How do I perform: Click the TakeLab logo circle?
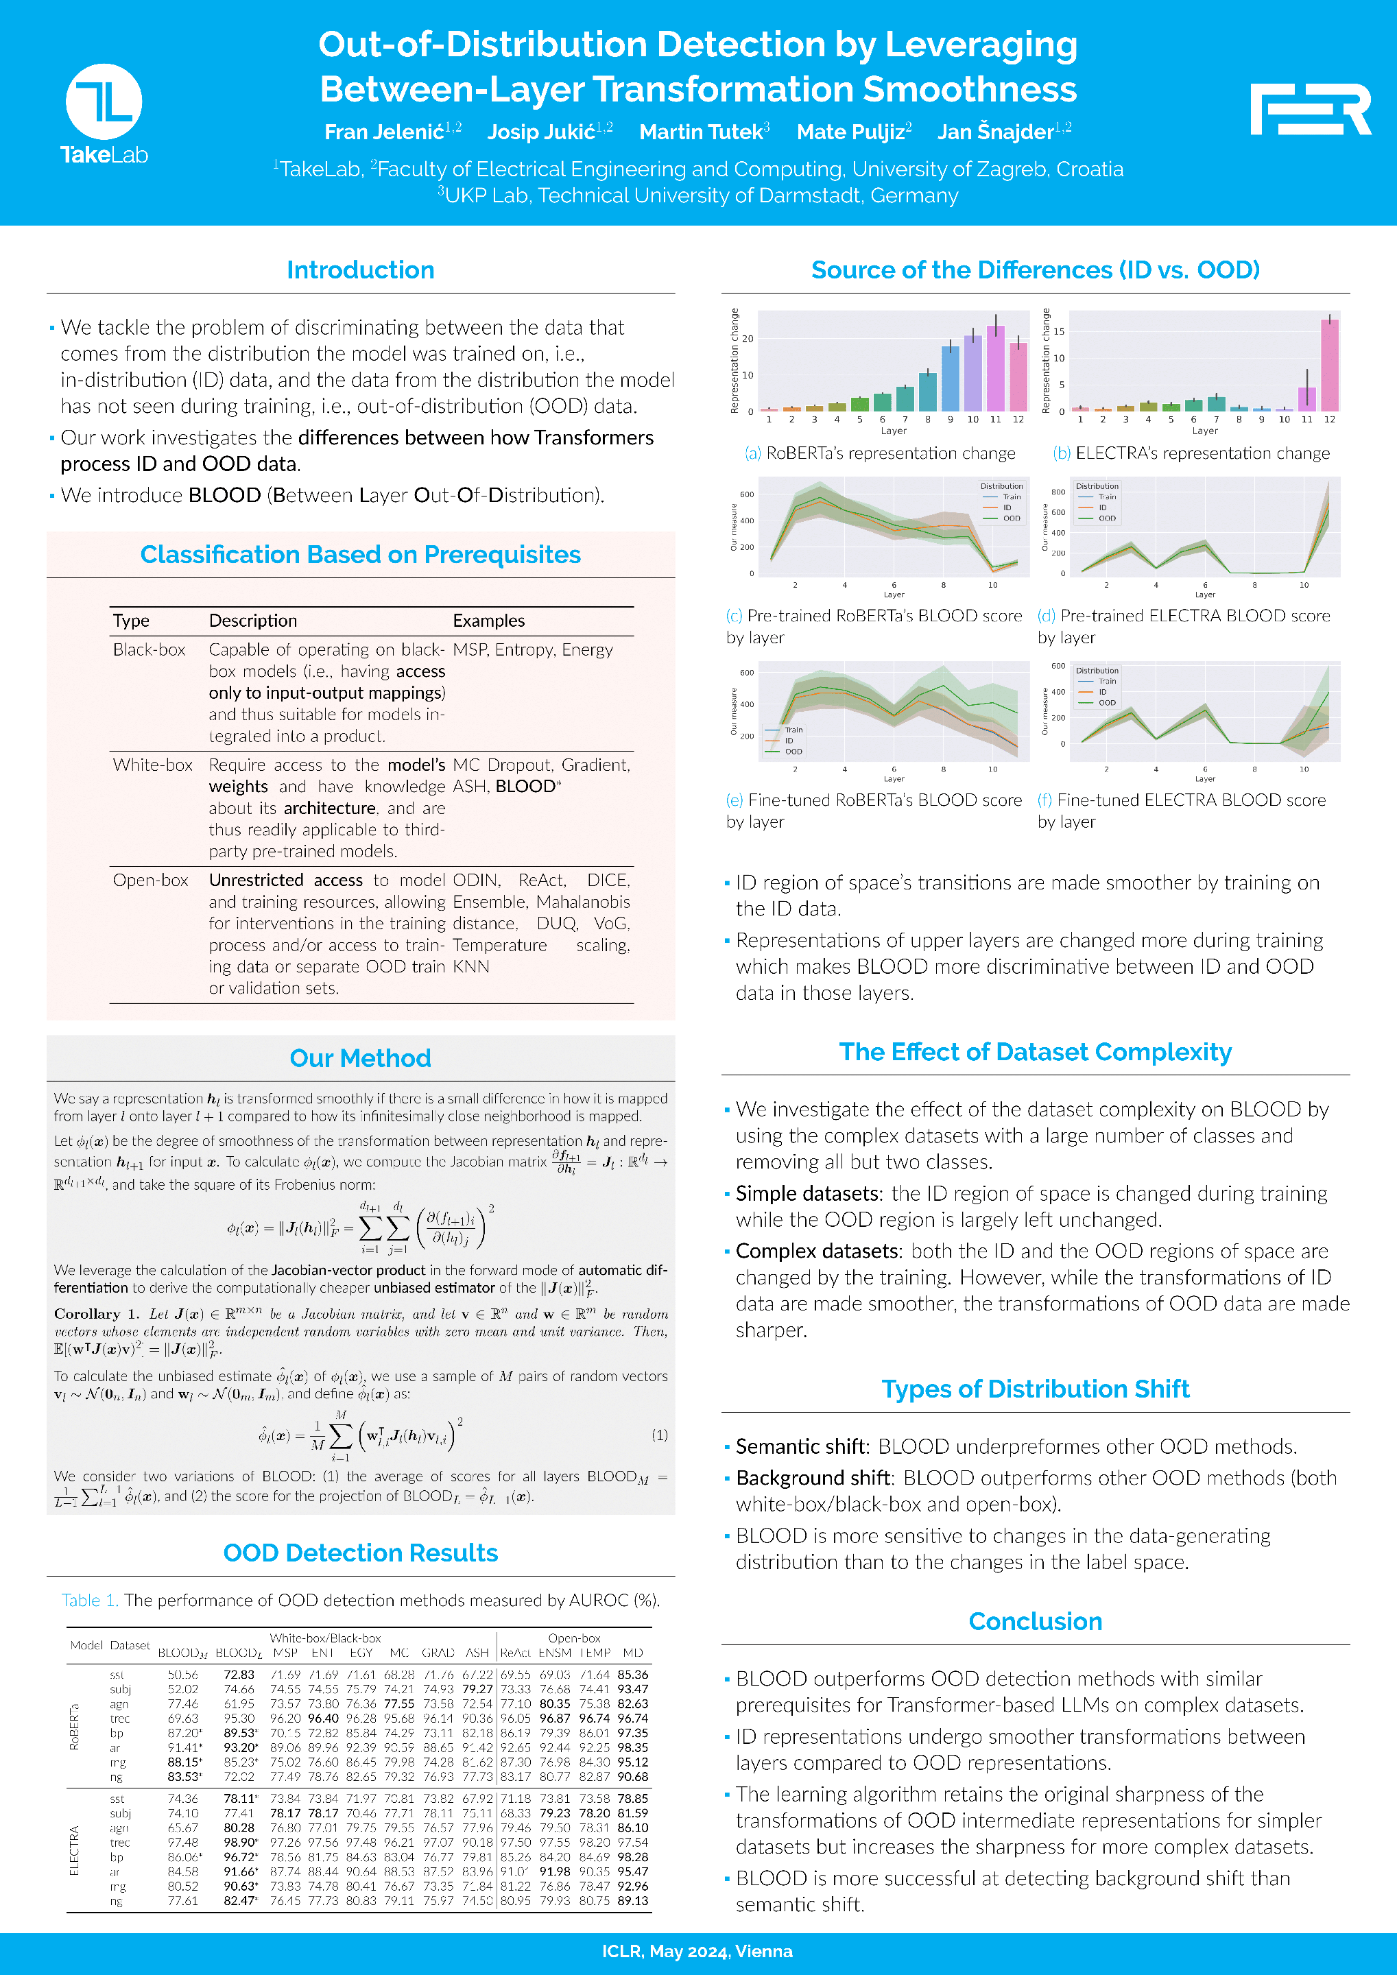tap(104, 101)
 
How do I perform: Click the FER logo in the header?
tap(1310, 109)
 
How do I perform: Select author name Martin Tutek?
tap(701, 132)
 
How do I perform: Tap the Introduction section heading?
tap(361, 270)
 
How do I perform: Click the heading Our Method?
tap(361, 1058)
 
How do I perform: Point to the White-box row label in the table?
tap(152, 765)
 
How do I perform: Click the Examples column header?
tap(488, 620)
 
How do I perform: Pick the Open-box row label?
tap(151, 880)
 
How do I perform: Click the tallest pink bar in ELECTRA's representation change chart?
tap(1329, 365)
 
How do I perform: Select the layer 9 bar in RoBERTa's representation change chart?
tap(951, 379)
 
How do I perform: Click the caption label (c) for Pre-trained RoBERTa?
tap(734, 616)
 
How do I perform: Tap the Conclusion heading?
tap(1035, 1621)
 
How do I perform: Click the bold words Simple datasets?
tap(808, 1193)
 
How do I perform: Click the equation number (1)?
tap(659, 1435)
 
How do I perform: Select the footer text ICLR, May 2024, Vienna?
tap(697, 1951)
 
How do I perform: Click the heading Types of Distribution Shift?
tap(1035, 1389)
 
